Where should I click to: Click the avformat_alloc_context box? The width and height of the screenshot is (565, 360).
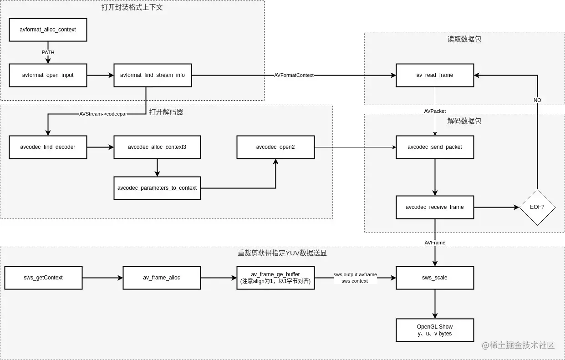tap(48, 30)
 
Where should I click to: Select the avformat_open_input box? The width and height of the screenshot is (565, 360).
tap(48, 75)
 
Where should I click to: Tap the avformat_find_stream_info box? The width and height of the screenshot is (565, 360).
tap(153, 75)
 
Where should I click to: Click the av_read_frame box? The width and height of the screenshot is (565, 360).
tap(435, 75)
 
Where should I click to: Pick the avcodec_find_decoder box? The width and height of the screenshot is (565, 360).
tap(48, 147)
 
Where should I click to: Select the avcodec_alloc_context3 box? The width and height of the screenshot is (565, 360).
tap(157, 147)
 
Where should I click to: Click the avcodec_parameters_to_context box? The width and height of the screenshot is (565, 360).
tap(157, 188)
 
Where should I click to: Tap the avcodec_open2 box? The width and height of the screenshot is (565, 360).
tap(275, 147)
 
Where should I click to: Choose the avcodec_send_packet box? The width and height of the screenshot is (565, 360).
tap(435, 147)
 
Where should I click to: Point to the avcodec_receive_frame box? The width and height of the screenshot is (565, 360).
tap(435, 207)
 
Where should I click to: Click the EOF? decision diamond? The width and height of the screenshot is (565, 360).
tap(538, 207)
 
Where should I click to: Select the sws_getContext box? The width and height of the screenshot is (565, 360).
tap(43, 278)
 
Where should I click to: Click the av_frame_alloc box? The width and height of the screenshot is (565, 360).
tap(162, 278)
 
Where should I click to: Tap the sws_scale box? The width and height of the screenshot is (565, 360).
tap(435, 278)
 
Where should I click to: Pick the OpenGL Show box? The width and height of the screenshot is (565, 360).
tap(435, 330)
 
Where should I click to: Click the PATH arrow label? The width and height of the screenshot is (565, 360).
tap(48, 52)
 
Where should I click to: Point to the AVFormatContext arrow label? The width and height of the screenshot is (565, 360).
tap(294, 75)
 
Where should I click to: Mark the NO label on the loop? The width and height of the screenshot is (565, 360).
tap(538, 100)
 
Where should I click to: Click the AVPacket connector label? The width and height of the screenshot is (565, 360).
tap(435, 111)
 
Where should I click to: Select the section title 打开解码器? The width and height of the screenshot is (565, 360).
tap(166, 112)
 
